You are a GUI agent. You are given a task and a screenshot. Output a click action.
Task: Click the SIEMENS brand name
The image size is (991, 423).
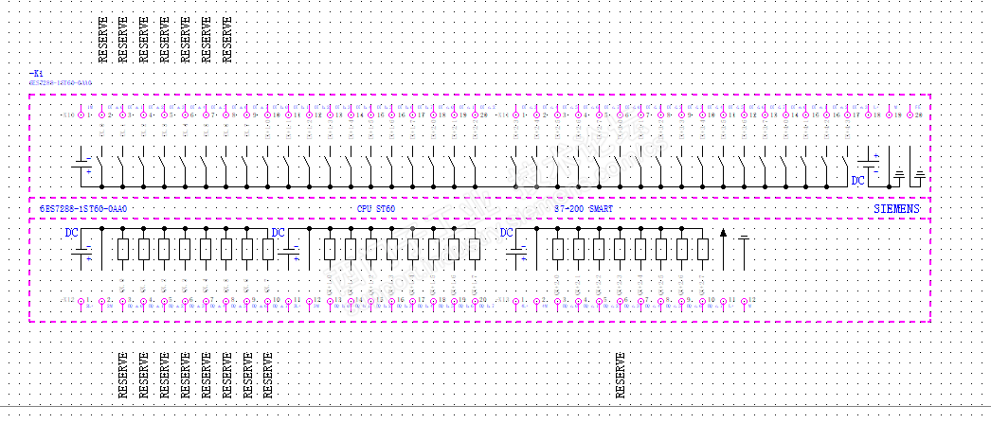pos(895,207)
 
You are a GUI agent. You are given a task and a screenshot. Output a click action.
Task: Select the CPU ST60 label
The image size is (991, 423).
pos(375,207)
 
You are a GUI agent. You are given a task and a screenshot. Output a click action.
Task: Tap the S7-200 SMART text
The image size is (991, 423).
pos(584,207)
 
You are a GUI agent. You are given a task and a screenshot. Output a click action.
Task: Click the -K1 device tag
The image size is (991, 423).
pos(37,73)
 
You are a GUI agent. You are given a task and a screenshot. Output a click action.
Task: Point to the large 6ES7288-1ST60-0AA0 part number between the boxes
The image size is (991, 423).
pos(83,207)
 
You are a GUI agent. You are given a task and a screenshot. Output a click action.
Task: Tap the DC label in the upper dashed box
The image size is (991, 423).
pos(857,180)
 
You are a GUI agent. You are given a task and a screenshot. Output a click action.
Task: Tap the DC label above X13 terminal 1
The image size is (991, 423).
pos(506,233)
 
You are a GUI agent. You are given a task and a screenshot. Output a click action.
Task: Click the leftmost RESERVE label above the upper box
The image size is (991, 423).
pos(102,39)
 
